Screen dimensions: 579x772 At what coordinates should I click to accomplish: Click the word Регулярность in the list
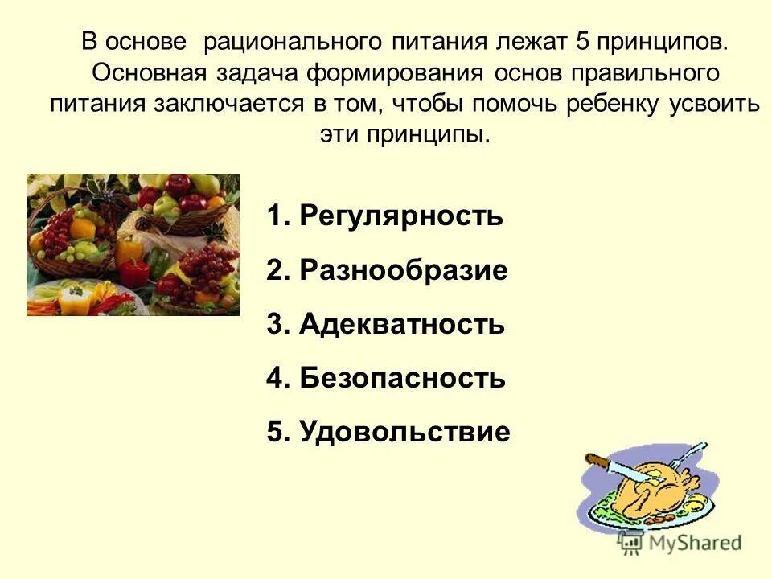[x=400, y=216]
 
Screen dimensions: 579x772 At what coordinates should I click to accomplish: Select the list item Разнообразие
[x=403, y=271]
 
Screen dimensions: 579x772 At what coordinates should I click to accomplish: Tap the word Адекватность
[x=401, y=324]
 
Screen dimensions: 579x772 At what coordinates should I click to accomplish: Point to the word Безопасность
[x=402, y=378]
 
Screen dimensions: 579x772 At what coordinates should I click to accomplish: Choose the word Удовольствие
[x=404, y=433]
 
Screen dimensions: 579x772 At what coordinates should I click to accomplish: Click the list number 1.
[x=276, y=216]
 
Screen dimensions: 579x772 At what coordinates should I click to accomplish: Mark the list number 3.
[x=276, y=324]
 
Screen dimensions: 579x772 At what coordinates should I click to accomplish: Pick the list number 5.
[x=276, y=433]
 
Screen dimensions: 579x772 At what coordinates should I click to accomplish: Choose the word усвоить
[x=715, y=104]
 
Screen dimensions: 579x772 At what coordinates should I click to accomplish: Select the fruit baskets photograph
[x=133, y=244]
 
